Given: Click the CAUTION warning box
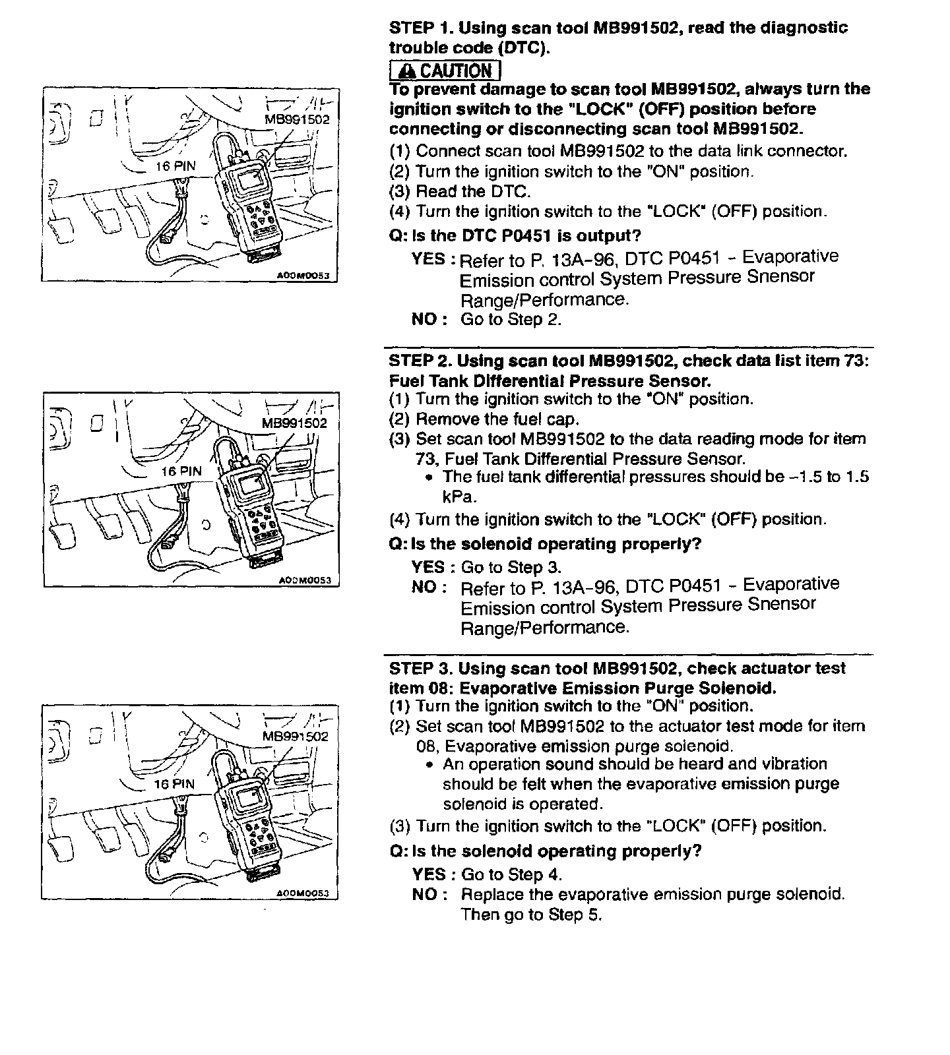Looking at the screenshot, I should coord(445,70).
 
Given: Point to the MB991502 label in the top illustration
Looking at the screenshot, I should coord(296,120).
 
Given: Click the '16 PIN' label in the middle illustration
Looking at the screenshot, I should coord(181,471).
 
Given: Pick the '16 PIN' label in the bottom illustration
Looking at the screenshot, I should coord(174,784).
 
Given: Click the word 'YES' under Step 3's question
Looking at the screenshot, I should coord(429,875).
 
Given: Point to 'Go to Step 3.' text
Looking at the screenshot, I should coord(511,568).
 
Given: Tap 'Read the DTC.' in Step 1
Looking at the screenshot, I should coord(473,192).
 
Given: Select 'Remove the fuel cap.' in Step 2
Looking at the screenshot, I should coord(497,419).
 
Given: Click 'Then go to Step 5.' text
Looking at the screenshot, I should coord(532,915).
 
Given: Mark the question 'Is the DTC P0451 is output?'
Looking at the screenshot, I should coord(515,236).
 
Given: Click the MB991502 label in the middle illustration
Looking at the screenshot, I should coord(294,423).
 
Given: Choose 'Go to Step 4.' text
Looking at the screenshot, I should coord(512,875).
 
